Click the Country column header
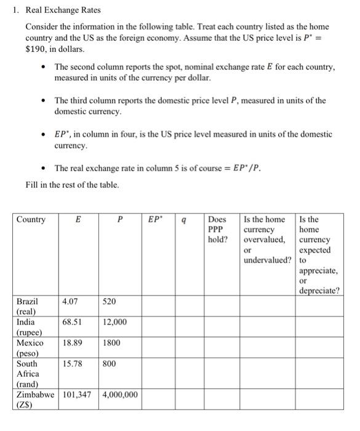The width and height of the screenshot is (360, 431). tap(31, 219)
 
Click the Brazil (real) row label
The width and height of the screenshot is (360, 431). tap(27, 307)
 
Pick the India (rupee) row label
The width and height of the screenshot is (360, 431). tap(27, 327)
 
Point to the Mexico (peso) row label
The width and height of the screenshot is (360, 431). tap(30, 348)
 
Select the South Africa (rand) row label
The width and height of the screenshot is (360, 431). tap(28, 374)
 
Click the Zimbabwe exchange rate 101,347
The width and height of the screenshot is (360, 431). tap(78, 395)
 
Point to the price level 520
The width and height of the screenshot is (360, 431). tap(109, 302)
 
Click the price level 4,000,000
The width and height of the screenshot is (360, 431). tap(120, 395)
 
